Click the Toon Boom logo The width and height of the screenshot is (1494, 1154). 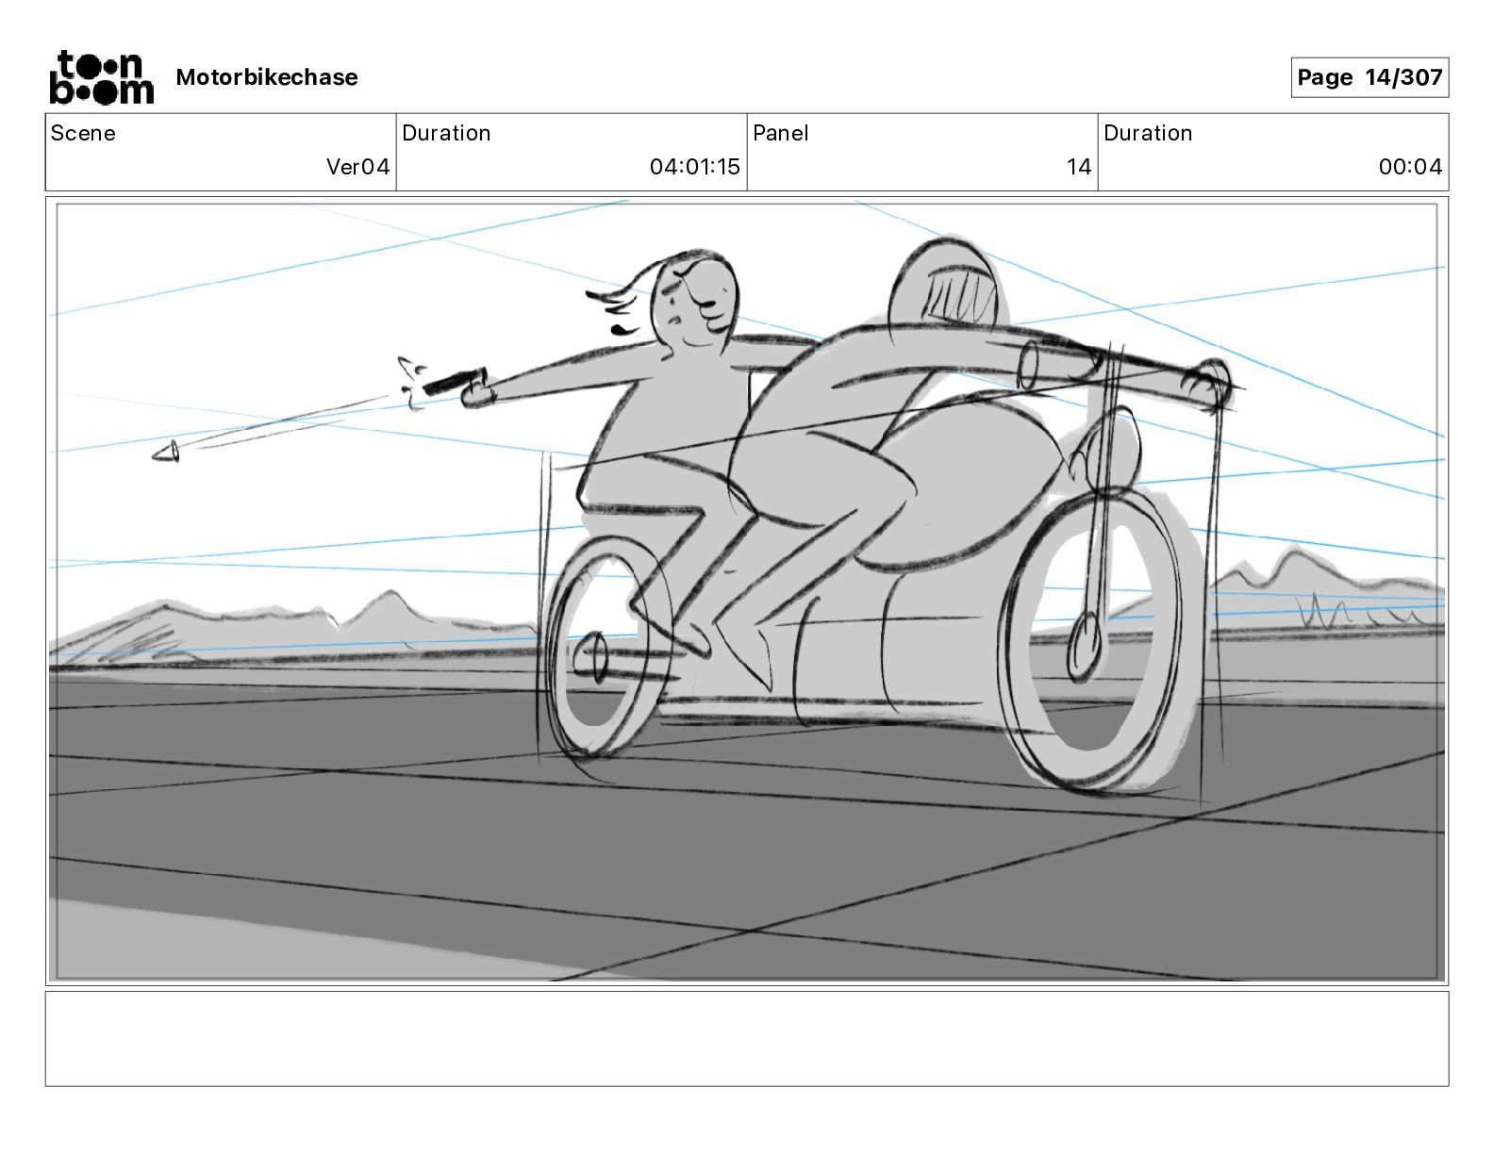[101, 77]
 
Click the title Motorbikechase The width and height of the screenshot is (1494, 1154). [267, 77]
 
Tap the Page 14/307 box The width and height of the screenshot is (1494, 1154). [1369, 77]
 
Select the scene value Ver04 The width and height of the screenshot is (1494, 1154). [357, 167]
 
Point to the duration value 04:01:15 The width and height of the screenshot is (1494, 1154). [694, 167]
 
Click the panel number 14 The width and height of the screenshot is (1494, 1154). [1079, 167]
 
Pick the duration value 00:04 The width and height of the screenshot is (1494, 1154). [1410, 167]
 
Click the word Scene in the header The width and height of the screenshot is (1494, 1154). [83, 133]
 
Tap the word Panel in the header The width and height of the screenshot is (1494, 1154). [781, 133]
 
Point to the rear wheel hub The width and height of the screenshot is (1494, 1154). [596, 656]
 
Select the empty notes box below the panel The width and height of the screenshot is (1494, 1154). [746, 1038]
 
